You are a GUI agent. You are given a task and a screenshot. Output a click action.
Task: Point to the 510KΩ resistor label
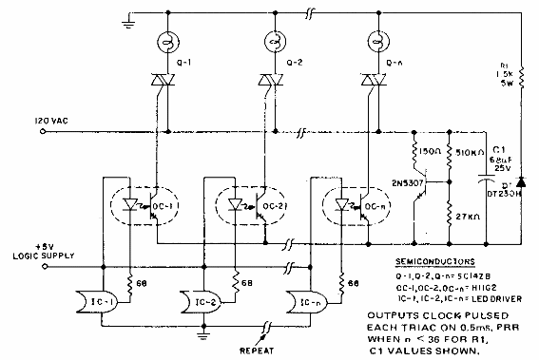pyautogui.click(x=472, y=149)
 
